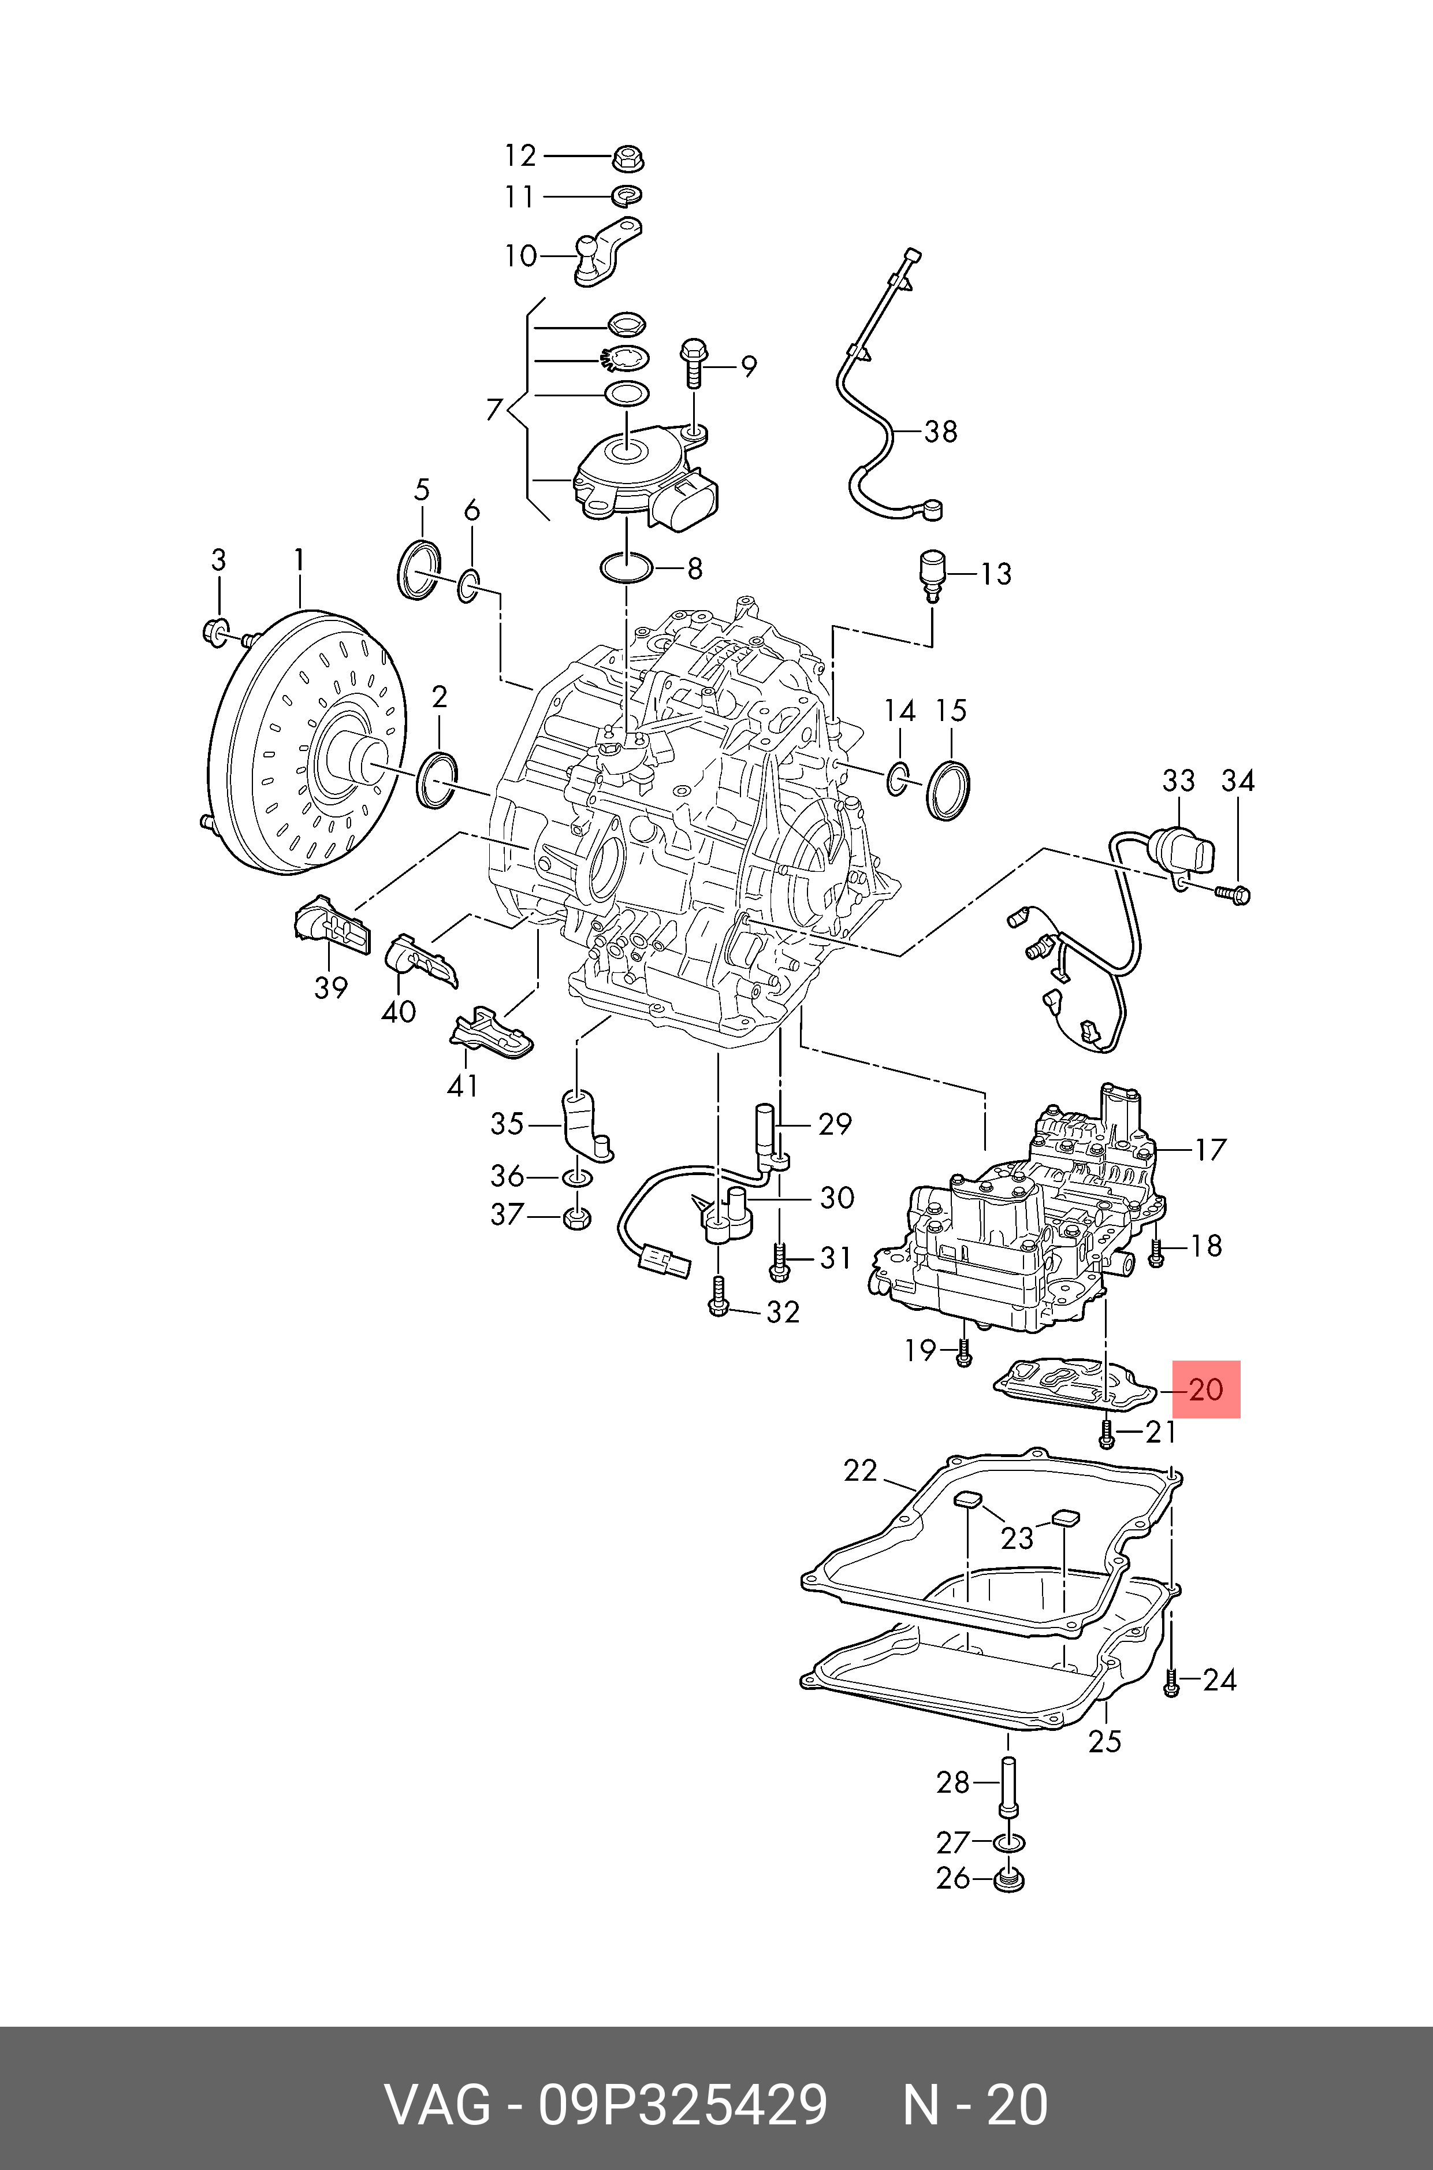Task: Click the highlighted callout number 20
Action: (x=1205, y=1389)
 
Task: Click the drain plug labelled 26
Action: (x=1008, y=1880)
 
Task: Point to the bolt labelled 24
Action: (x=1171, y=1682)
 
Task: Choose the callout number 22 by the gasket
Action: (x=860, y=1471)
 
